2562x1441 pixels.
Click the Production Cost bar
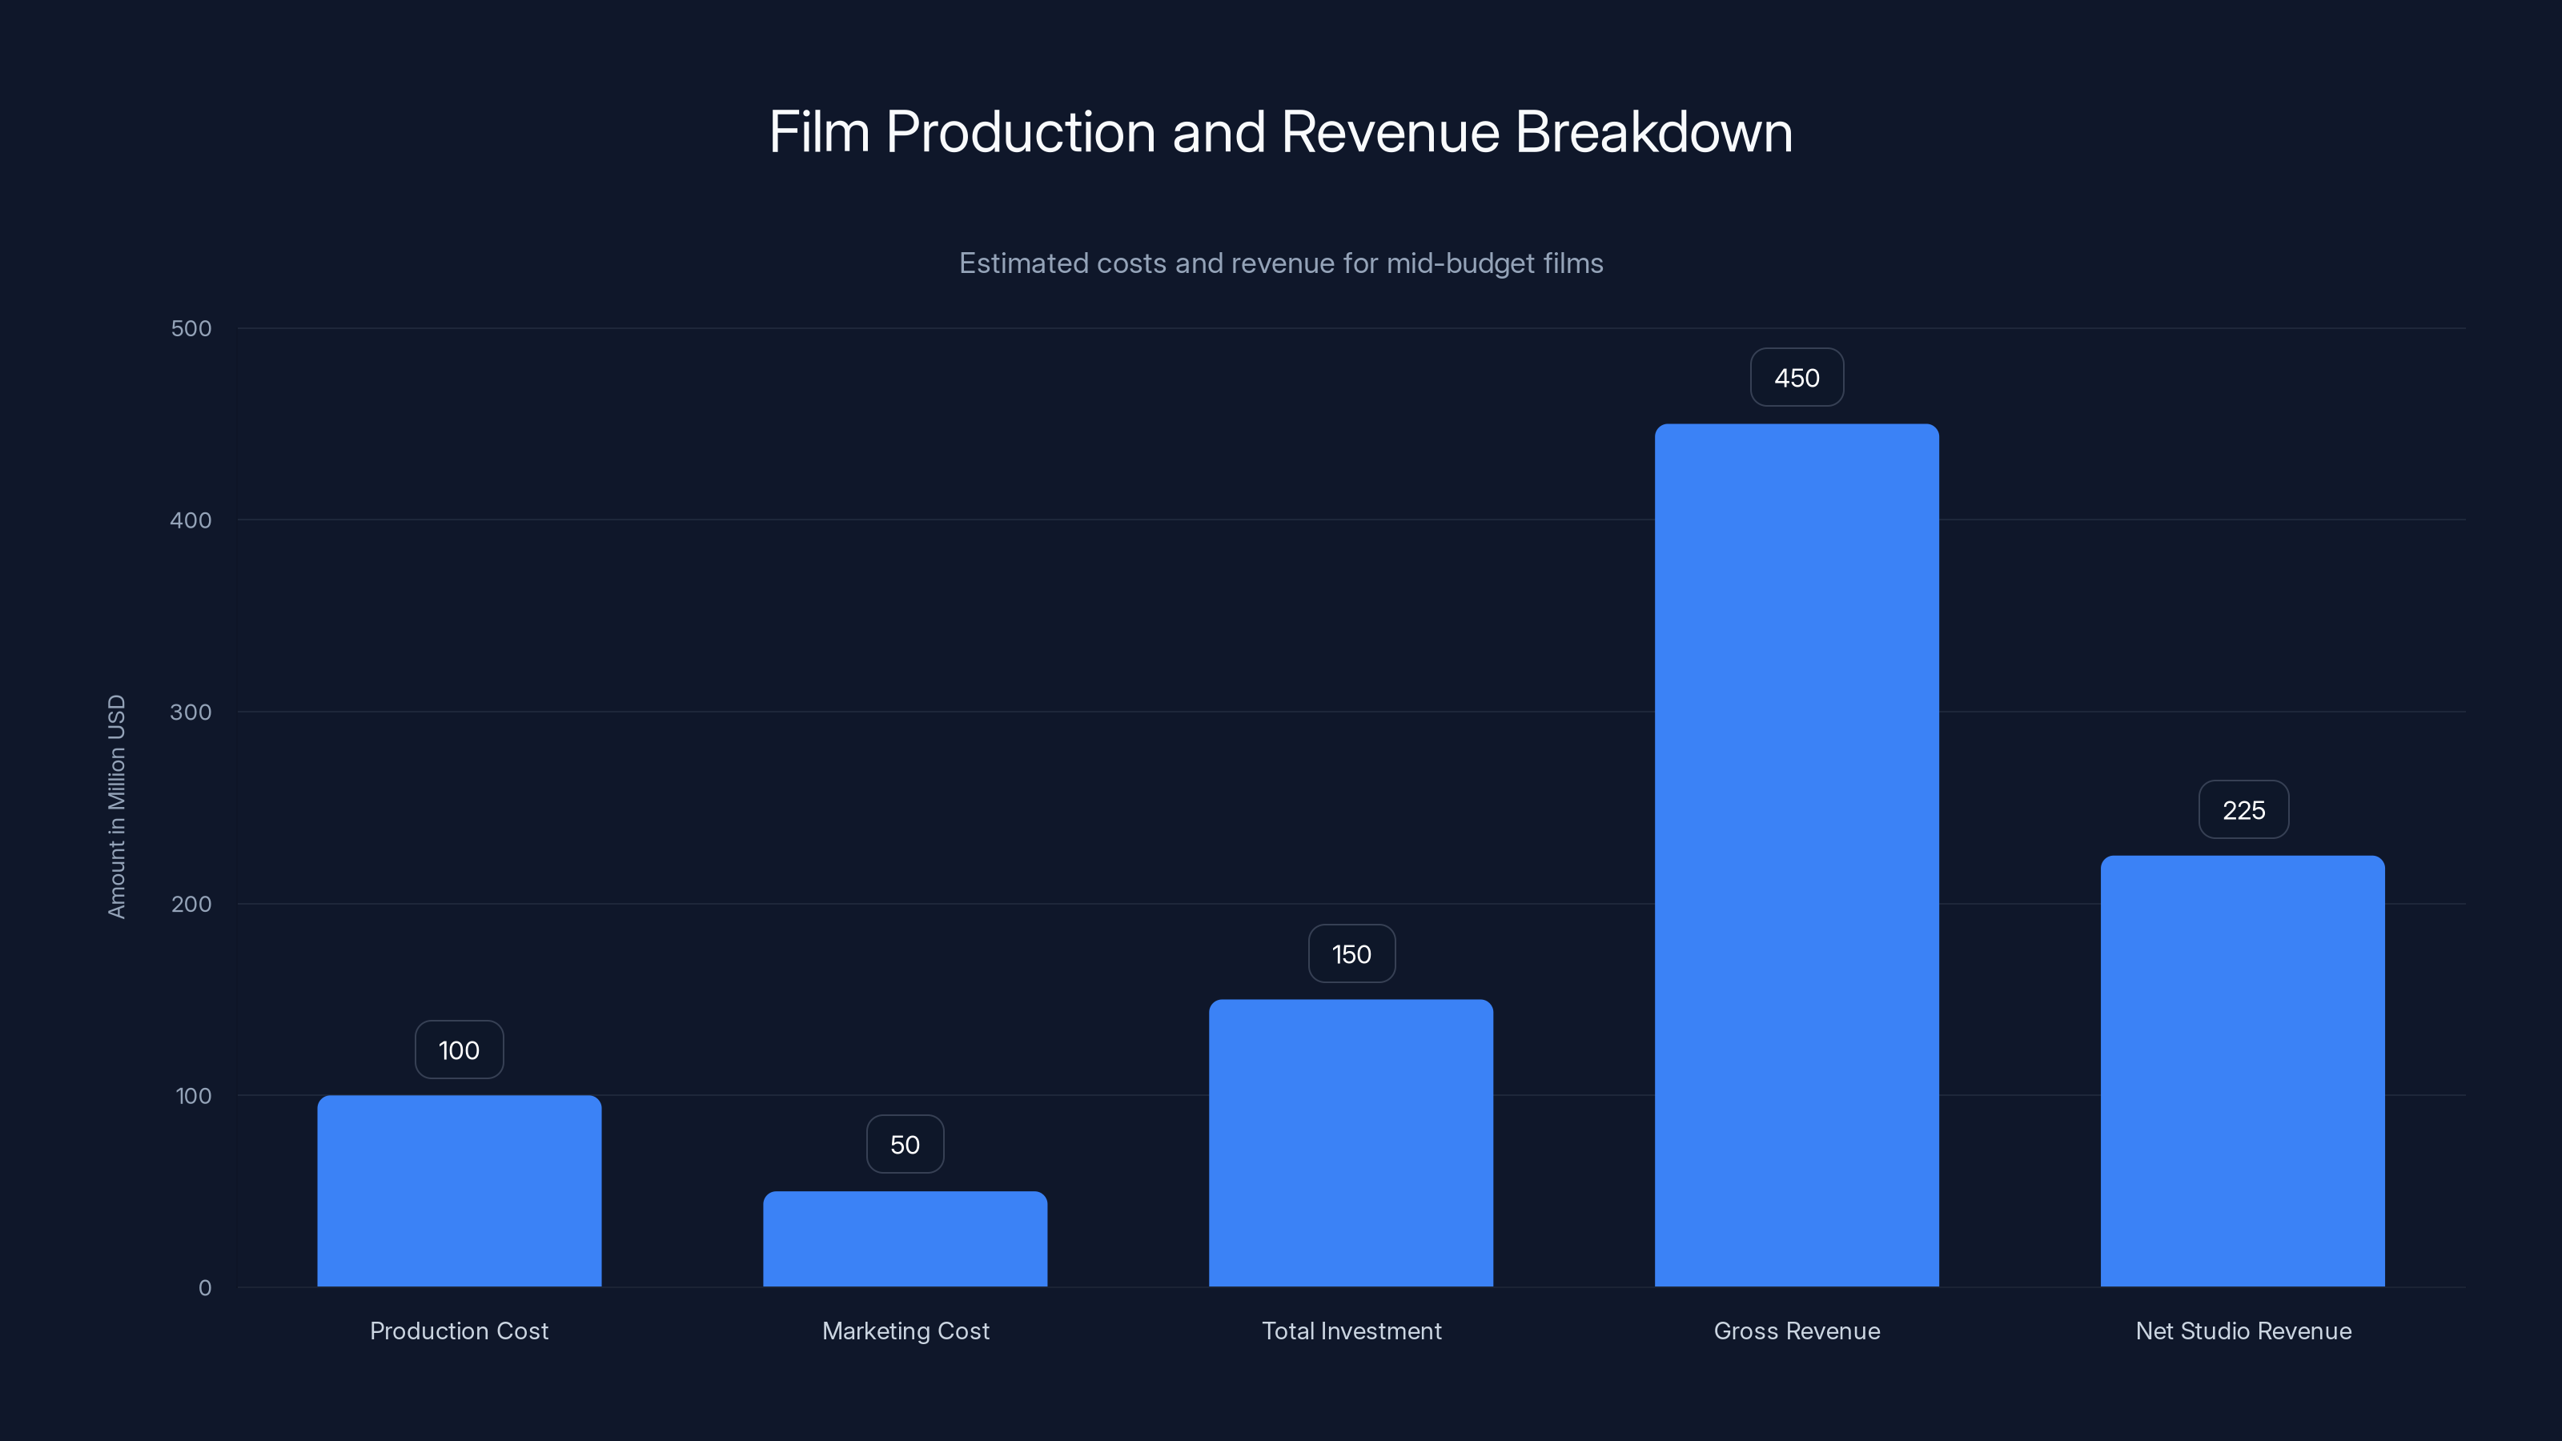459,1190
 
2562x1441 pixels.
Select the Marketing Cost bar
905,1238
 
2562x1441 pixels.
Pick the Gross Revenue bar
1796,855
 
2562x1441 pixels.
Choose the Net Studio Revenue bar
2242,1071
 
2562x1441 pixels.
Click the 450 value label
1796,378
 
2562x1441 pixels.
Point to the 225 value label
2243,810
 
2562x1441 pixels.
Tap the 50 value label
905,1145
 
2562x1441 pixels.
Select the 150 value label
1351,955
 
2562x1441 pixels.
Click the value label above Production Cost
459,1050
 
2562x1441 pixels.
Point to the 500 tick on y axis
191,328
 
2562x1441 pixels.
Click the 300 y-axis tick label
191,712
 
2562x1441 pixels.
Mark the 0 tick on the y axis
205,1288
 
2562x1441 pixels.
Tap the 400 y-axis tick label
191,520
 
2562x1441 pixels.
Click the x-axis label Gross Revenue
1796,1331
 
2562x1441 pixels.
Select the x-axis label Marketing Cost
905,1331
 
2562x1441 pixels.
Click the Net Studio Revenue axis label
2243,1331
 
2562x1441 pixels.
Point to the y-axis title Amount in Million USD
116,806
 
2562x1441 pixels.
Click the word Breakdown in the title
1653,132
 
